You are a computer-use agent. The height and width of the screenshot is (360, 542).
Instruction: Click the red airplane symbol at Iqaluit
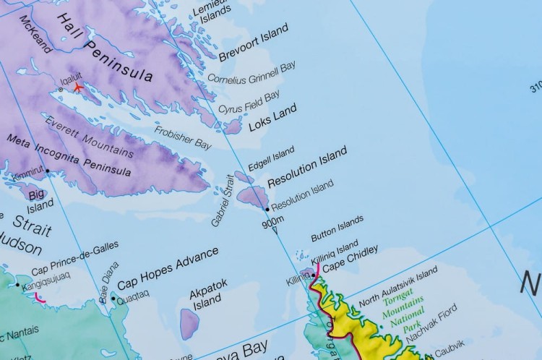(78, 87)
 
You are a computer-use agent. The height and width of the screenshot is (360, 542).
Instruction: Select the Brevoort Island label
(253, 43)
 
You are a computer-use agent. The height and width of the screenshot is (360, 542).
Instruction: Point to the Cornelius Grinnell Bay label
(251, 73)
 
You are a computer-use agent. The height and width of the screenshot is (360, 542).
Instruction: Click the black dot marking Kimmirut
(48, 171)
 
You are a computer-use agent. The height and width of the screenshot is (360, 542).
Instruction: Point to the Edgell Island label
(271, 158)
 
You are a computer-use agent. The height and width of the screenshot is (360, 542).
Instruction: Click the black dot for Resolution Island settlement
(267, 209)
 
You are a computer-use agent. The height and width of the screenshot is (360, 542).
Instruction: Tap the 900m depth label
(272, 223)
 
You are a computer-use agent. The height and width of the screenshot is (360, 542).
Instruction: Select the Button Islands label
(337, 228)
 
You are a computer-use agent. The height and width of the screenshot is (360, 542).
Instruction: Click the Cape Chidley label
(350, 260)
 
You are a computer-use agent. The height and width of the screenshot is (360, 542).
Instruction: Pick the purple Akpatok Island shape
(189, 323)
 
